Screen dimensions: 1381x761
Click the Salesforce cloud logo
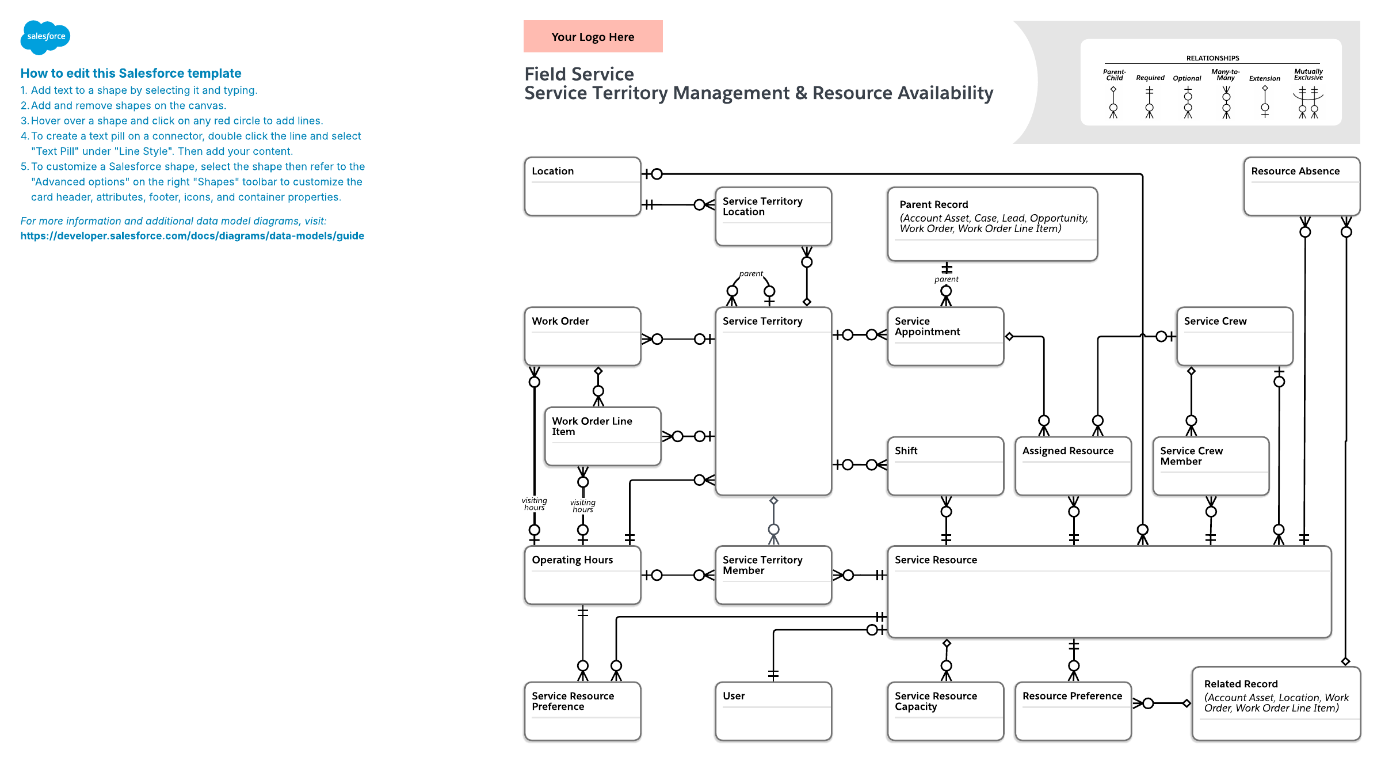45,37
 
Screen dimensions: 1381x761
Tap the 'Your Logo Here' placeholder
593,36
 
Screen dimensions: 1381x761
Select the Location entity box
582,187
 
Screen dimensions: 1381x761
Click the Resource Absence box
1302,187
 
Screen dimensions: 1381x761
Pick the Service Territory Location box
773,216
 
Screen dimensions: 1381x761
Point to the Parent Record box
993,224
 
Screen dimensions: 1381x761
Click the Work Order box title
560,321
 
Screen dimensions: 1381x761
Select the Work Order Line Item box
602,436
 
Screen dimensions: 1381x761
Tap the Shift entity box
945,466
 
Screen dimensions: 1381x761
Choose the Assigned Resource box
1073,466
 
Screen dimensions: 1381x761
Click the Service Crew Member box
1211,466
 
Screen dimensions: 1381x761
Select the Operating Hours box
582,575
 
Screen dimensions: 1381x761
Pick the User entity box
773,711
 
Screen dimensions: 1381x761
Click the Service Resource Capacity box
945,711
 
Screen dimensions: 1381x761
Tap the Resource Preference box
1073,711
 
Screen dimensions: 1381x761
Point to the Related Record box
1276,703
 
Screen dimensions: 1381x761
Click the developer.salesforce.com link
192,236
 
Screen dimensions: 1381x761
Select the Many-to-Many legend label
1226,75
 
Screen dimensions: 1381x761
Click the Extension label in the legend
1264,78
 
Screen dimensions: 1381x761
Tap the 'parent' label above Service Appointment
947,279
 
